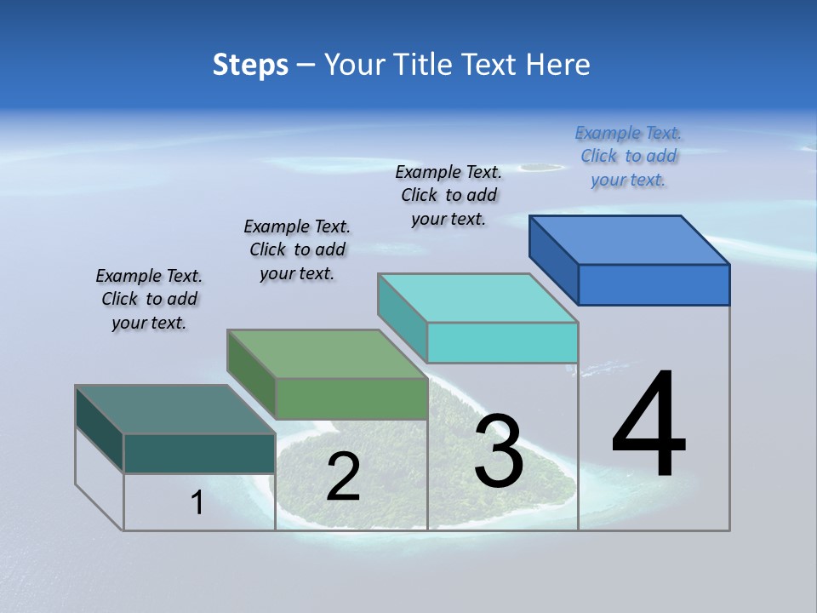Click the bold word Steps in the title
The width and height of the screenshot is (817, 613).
250,66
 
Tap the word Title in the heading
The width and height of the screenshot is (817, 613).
423,66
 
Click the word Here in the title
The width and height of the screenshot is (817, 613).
558,66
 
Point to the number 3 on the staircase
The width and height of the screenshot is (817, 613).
498,451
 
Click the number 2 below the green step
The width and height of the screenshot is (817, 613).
343,477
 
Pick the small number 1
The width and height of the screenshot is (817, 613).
197,503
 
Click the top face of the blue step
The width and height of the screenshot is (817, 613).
629,240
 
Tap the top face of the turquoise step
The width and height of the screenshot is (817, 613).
477,298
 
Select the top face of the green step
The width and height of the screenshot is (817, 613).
327,354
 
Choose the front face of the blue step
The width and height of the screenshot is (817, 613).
654,284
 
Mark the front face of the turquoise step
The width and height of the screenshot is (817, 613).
502,342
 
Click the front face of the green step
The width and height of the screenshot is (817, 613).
351,398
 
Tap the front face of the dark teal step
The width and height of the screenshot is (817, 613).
199,453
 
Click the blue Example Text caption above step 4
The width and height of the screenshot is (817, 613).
628,157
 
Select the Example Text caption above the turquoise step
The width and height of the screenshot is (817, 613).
448,195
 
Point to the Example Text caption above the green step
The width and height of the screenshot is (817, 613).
297,249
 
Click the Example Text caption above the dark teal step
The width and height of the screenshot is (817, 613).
149,299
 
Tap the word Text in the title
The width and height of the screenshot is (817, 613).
492,66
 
